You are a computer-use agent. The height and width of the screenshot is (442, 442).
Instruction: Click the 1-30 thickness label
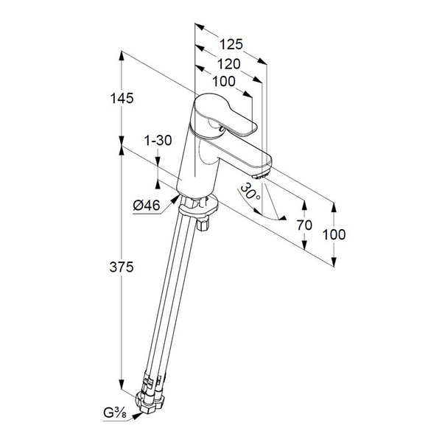point(158,141)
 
